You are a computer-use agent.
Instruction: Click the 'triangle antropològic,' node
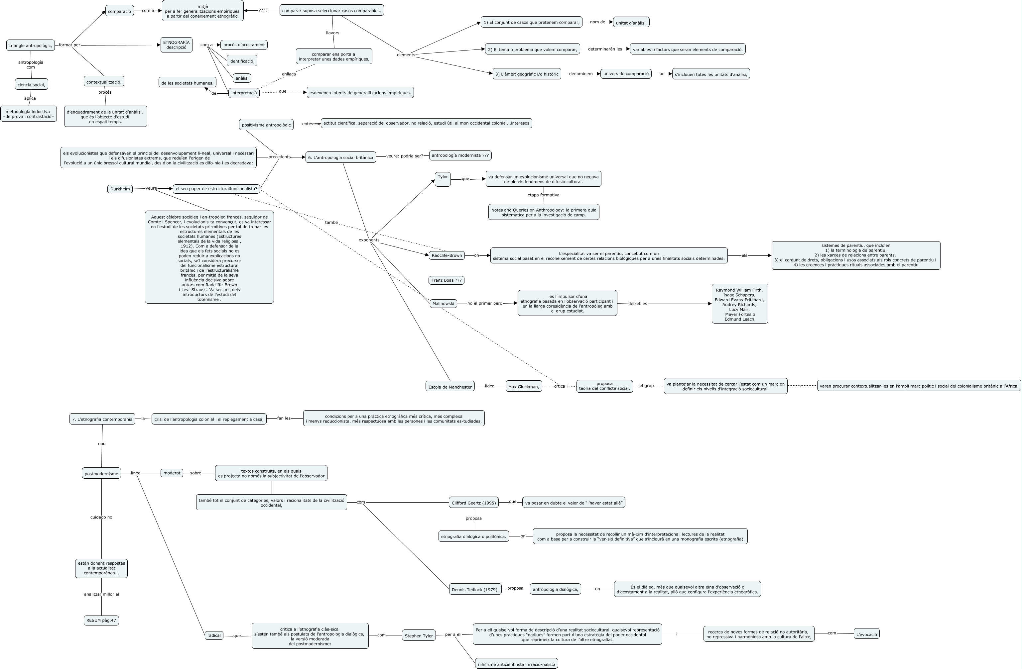tap(31, 46)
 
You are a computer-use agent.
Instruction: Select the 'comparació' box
tap(119, 11)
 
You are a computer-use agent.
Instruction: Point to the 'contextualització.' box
tap(104, 81)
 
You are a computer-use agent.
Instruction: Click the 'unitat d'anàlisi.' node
tap(631, 23)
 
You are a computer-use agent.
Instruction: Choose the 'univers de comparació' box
tap(626, 74)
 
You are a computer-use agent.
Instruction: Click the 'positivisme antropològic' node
tap(266, 125)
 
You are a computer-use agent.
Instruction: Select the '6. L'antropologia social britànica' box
tap(340, 157)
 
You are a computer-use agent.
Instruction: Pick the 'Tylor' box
tap(443, 179)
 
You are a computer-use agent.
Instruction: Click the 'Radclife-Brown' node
tap(447, 255)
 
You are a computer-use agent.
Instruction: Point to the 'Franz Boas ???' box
tap(446, 280)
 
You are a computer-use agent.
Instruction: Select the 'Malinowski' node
tap(443, 303)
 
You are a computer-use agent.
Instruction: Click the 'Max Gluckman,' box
tap(523, 387)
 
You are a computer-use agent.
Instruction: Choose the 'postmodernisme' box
tap(101, 474)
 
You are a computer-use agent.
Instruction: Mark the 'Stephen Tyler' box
tap(419, 635)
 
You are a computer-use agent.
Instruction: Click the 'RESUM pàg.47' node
tap(101, 620)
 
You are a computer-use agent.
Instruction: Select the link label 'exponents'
tap(369, 240)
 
